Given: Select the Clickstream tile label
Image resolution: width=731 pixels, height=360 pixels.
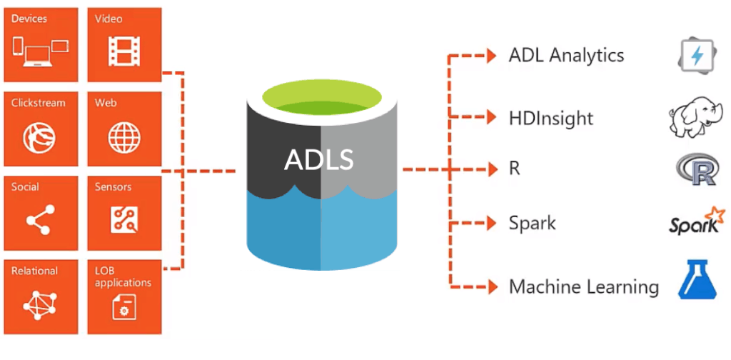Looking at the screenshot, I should click(x=39, y=103).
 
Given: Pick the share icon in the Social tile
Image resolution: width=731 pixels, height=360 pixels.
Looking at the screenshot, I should click(x=40, y=219).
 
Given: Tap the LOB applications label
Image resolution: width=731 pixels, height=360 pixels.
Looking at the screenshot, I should click(x=123, y=277).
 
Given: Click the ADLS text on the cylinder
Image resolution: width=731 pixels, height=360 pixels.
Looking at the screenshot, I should click(x=319, y=159).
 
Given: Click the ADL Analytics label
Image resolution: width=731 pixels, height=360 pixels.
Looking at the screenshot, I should click(x=566, y=56).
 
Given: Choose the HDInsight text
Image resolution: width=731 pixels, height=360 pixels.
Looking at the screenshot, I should click(x=550, y=118).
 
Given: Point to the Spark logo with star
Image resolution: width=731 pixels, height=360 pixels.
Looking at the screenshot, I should click(x=695, y=222).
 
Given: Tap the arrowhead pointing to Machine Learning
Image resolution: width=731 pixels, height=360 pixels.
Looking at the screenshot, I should click(x=491, y=286).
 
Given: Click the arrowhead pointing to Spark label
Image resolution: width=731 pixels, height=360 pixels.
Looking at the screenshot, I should click(x=491, y=223).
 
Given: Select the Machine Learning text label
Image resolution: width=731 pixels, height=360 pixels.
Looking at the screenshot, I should click(x=583, y=287).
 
